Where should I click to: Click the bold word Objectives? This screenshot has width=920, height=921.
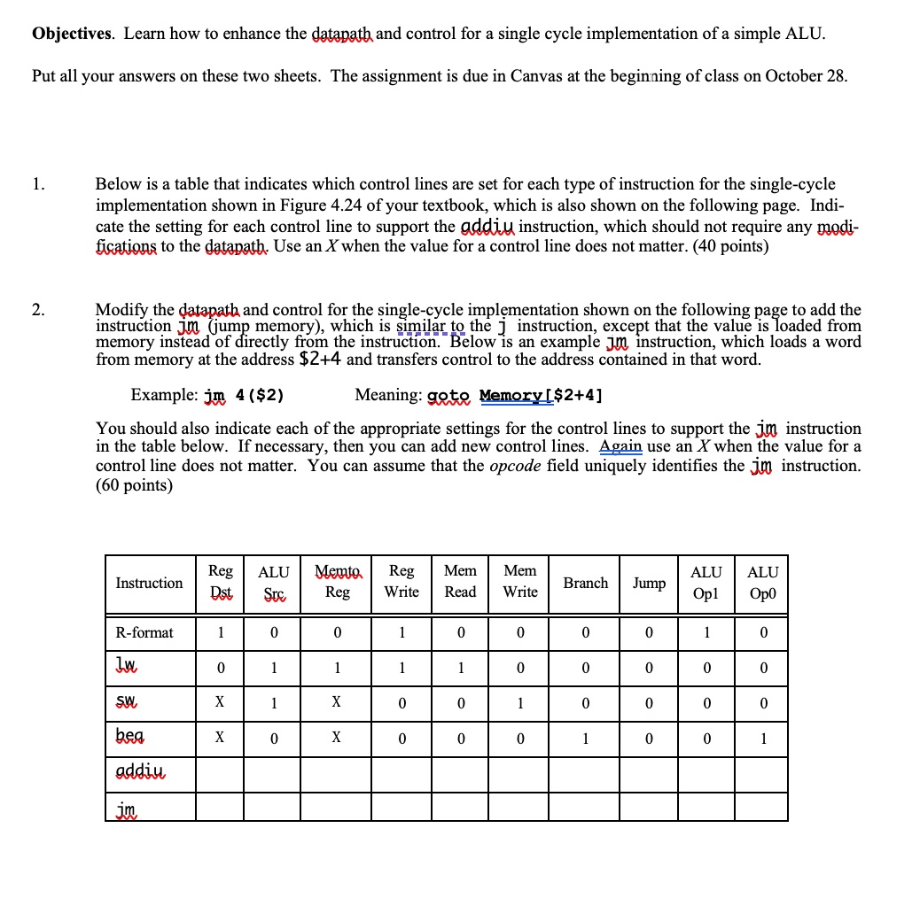(x=72, y=34)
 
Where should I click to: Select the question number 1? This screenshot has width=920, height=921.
(x=37, y=184)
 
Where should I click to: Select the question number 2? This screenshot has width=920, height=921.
(x=37, y=310)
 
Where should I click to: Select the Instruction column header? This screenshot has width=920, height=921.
(x=149, y=583)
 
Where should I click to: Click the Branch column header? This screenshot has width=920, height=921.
(x=586, y=583)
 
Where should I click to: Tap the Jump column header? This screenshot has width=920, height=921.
(x=649, y=583)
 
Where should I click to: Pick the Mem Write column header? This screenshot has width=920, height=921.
(x=520, y=582)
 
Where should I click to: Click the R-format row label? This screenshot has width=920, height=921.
(x=144, y=632)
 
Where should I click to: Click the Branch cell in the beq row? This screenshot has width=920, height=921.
(x=586, y=739)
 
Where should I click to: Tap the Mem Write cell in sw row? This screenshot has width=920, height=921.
(x=520, y=703)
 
